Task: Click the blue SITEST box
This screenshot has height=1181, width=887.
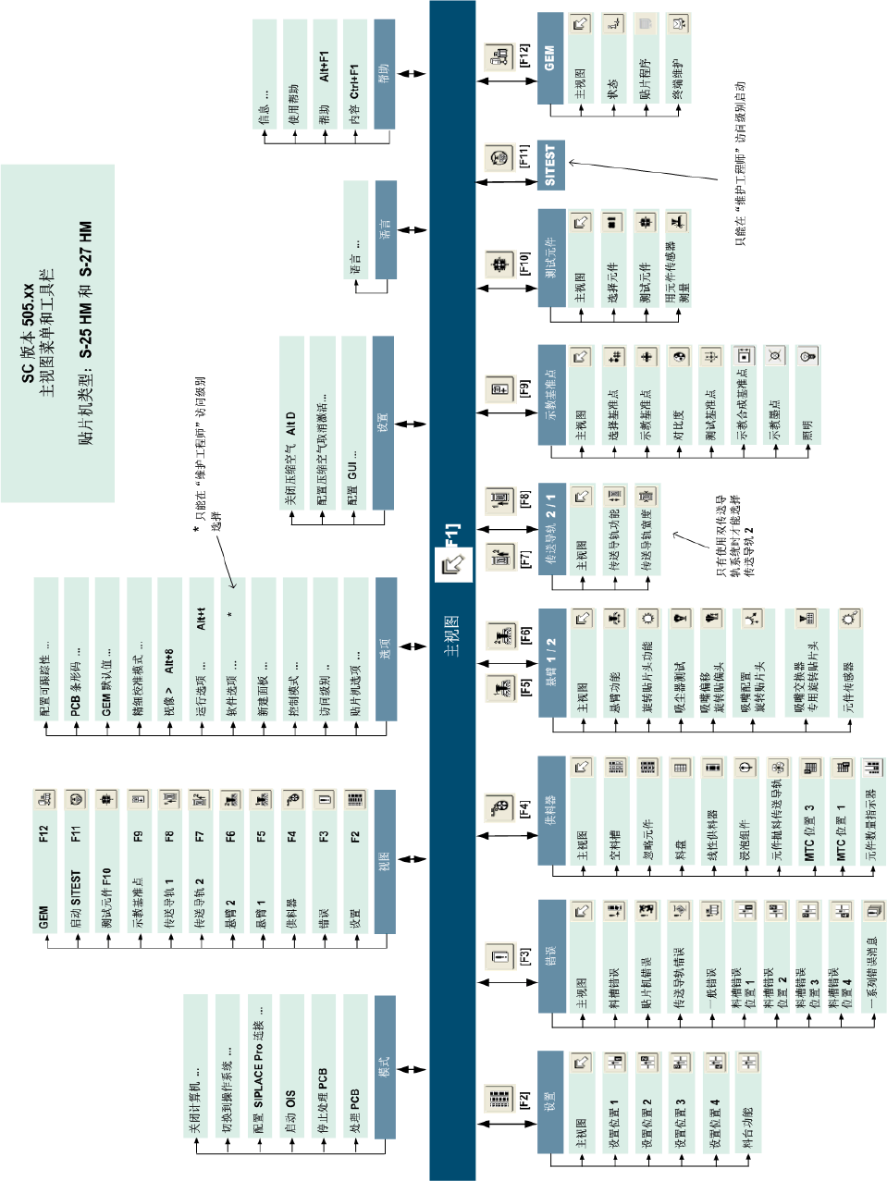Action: [x=550, y=166]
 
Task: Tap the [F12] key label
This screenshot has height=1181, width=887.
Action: [x=524, y=55]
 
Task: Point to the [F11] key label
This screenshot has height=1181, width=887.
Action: [x=524, y=156]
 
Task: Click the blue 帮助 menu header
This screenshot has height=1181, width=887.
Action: [x=384, y=74]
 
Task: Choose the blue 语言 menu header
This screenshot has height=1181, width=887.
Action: [x=385, y=229]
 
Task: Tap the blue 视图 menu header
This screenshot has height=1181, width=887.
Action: [x=385, y=861]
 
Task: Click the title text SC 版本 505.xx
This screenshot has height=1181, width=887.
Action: [x=29, y=333]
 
